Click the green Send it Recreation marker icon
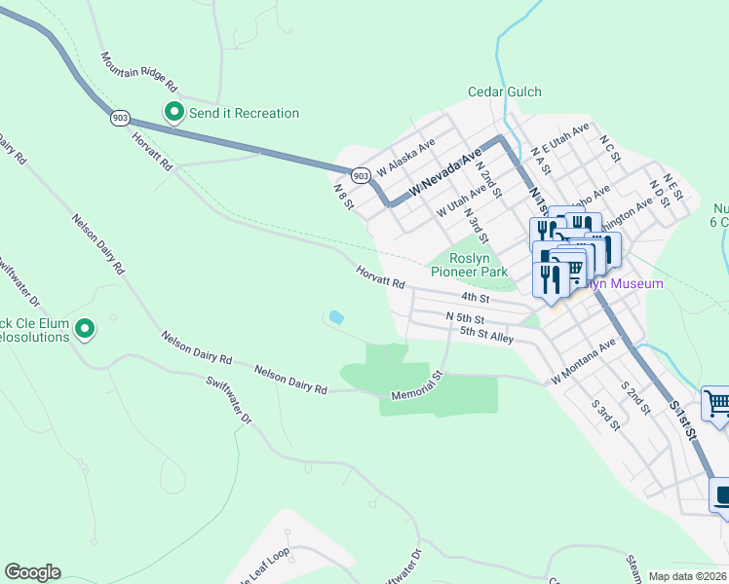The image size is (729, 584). point(174,113)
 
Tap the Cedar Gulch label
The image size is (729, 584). point(504,92)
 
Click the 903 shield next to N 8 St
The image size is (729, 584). point(360,175)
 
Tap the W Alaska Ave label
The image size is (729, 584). point(405,154)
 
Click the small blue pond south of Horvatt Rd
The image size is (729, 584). point(336,317)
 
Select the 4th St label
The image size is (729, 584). point(474,297)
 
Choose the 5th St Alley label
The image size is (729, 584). point(486,334)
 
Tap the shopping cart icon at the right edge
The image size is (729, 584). point(716,403)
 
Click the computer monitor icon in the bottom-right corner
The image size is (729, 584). point(722,497)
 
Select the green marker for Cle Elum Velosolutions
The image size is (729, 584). point(85,330)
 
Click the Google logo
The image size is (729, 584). point(32,572)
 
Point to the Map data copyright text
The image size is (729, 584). point(687,576)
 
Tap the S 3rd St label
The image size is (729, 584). point(606,414)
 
